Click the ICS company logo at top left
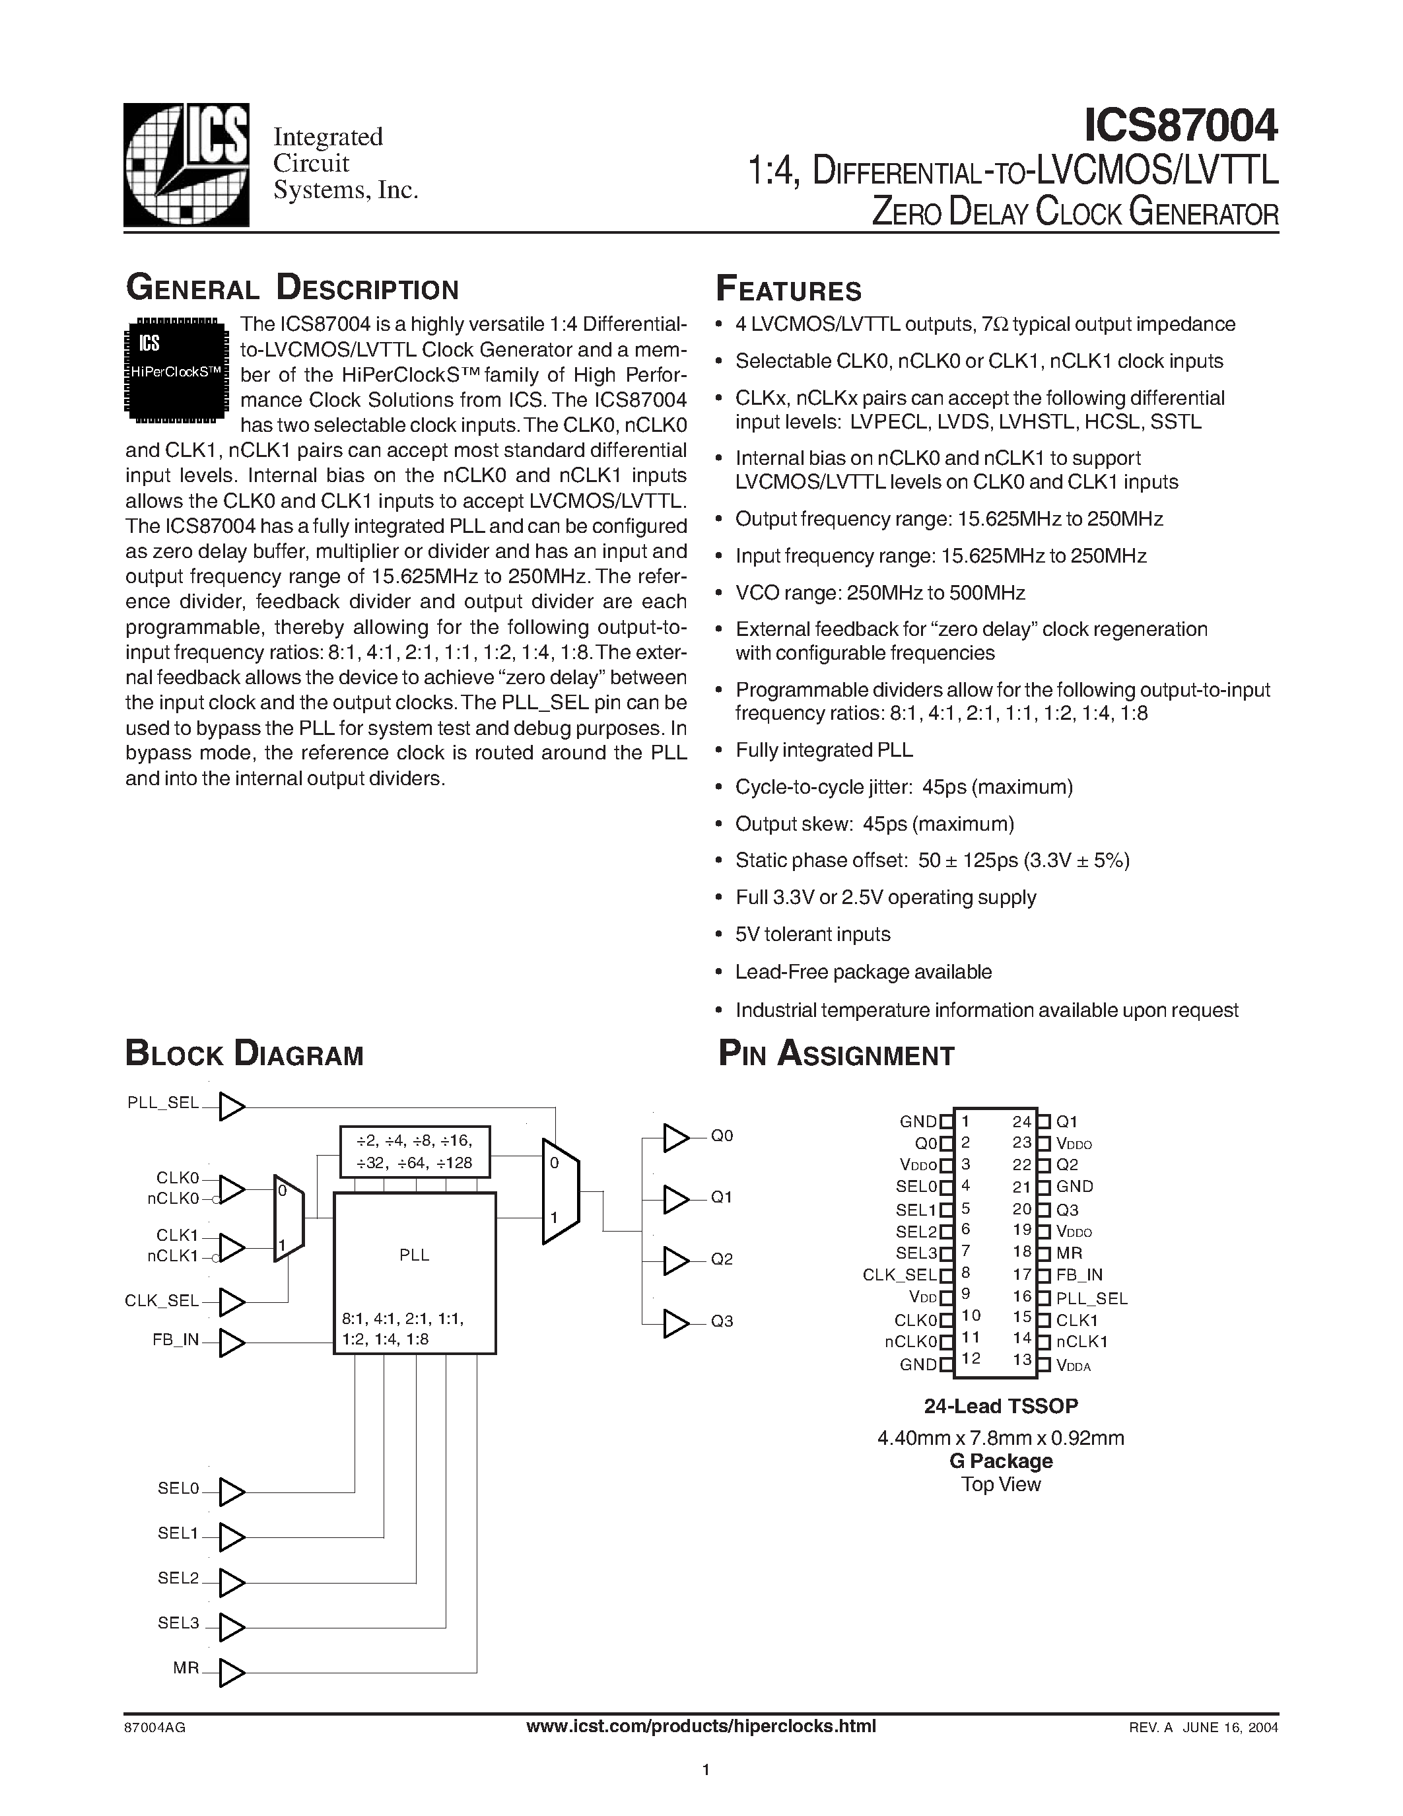[186, 164]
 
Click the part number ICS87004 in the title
[1181, 125]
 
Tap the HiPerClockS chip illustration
[176, 370]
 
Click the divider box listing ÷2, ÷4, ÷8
[414, 1152]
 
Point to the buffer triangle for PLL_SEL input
[231, 1107]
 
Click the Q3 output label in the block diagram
[722, 1321]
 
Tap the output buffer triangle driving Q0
[675, 1138]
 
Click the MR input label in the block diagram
[186, 1668]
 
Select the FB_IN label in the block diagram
[176, 1340]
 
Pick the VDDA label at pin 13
[1073, 1366]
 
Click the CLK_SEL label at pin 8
[899, 1275]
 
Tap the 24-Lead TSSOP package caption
[1001, 1406]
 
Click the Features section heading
[789, 289]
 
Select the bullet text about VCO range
[879, 593]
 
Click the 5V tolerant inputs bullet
[812, 934]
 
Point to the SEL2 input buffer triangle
[231, 1582]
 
